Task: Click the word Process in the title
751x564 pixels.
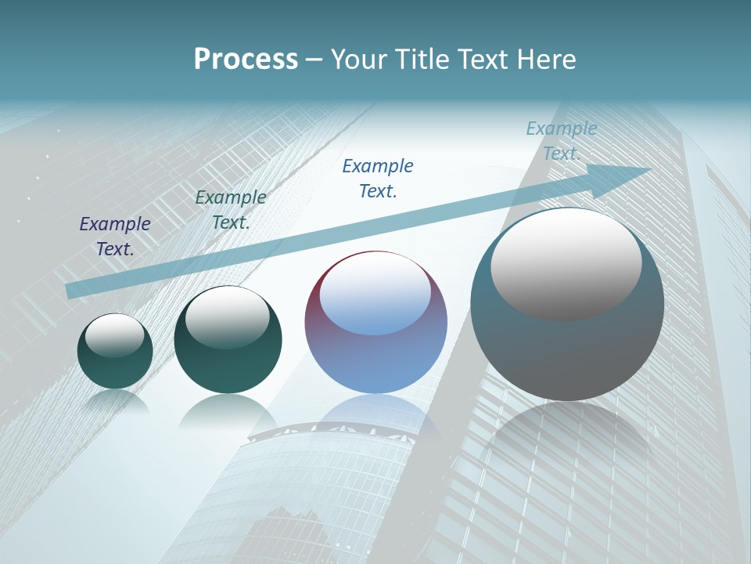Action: tap(246, 60)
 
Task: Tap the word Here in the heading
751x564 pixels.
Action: tap(544, 60)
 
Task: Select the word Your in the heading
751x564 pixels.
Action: tap(359, 60)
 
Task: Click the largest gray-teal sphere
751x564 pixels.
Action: tap(567, 352)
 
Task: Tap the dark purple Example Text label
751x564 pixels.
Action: tap(115, 236)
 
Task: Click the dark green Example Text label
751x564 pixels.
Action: tap(231, 209)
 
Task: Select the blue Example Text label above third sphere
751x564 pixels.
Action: tap(378, 178)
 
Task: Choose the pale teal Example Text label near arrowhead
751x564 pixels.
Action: tap(562, 140)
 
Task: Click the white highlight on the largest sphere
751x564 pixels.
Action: tap(566, 262)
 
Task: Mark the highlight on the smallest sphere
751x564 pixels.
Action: tap(114, 334)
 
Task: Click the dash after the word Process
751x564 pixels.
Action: tap(314, 60)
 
